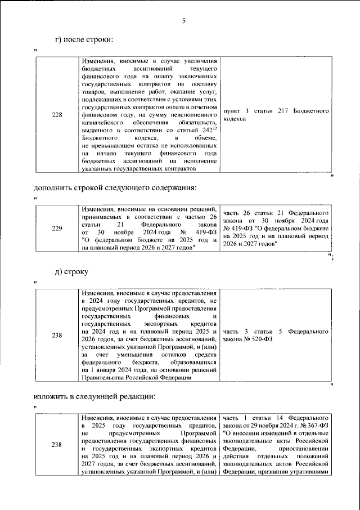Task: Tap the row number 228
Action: (57, 115)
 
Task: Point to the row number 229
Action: (57, 229)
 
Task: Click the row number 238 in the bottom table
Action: (57, 445)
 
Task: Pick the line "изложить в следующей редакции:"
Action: (93, 397)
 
